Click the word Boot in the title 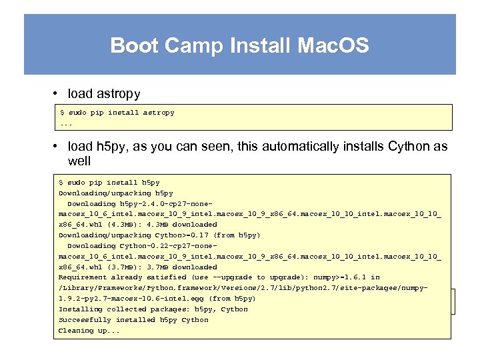(133, 45)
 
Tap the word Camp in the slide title (193, 45)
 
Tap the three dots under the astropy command (66, 123)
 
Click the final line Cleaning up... (89, 331)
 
